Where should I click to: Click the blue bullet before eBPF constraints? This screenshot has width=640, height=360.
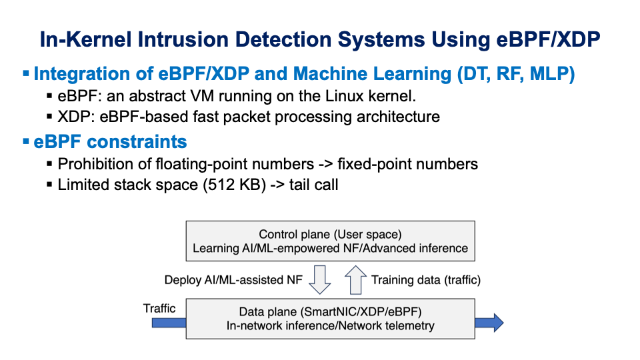click(x=26, y=142)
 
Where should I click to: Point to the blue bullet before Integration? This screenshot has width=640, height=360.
click(x=26, y=74)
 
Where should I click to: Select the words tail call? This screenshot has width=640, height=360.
click(x=313, y=184)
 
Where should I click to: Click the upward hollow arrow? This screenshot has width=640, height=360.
click(x=355, y=279)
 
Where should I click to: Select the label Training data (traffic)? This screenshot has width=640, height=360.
click(x=425, y=280)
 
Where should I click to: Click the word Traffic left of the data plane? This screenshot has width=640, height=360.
click(x=159, y=308)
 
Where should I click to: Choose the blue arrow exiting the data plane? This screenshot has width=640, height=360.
click(x=489, y=323)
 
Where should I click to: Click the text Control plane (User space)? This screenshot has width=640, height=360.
click(x=330, y=234)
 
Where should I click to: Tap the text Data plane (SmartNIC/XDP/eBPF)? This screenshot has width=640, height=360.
click(x=330, y=311)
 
